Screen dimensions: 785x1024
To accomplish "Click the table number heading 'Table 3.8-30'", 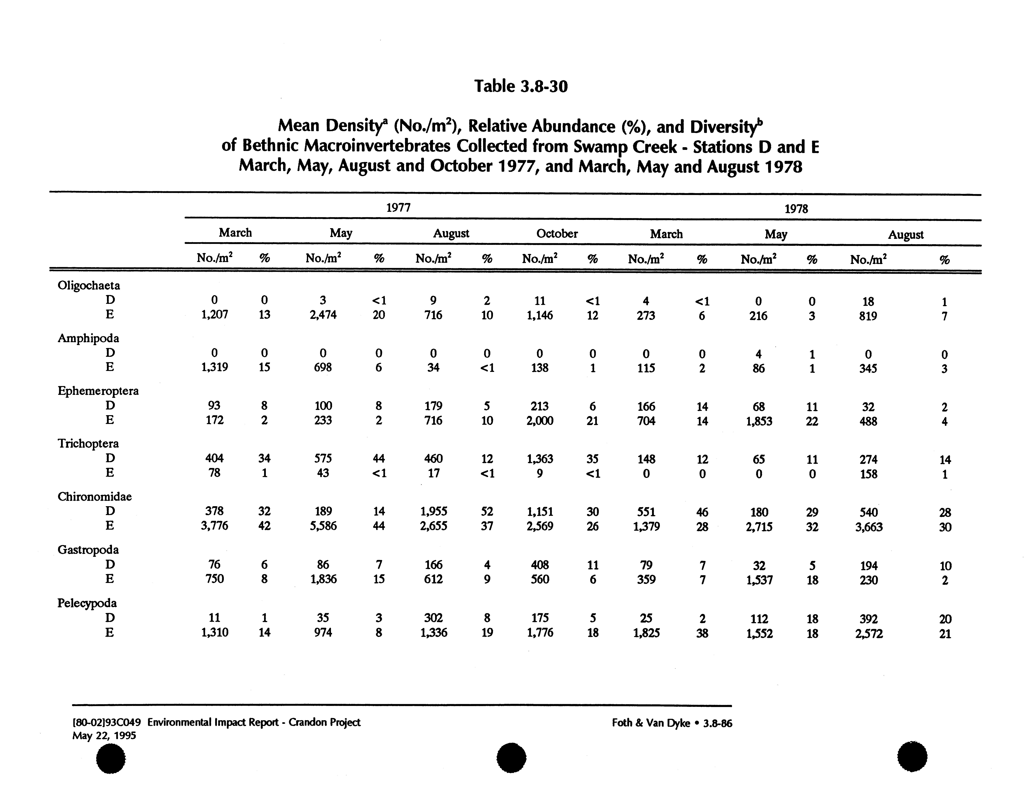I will (x=521, y=86).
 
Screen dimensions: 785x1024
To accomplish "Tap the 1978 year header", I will (x=796, y=209).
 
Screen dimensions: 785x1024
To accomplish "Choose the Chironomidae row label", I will (x=94, y=497).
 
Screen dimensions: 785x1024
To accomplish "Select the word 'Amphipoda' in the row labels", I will (x=88, y=338).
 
